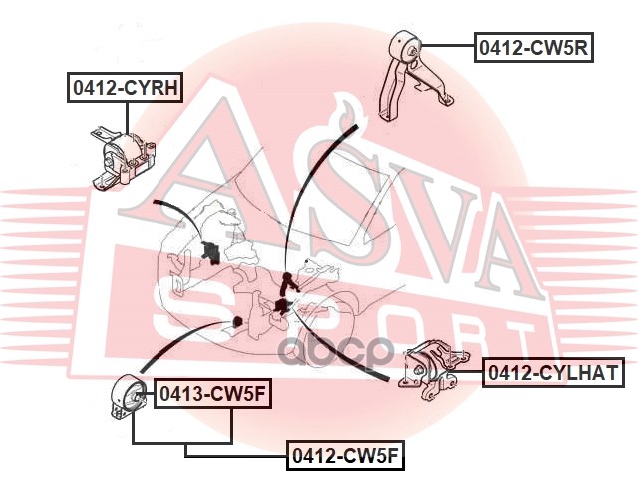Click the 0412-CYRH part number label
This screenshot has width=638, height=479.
(x=125, y=88)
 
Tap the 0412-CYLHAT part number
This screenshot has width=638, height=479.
(x=553, y=373)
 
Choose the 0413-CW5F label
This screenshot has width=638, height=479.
(x=209, y=394)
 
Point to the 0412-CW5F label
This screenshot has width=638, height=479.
(x=345, y=456)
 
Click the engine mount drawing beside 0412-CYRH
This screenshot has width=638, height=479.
(x=124, y=160)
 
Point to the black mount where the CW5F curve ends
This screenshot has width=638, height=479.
(x=237, y=320)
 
